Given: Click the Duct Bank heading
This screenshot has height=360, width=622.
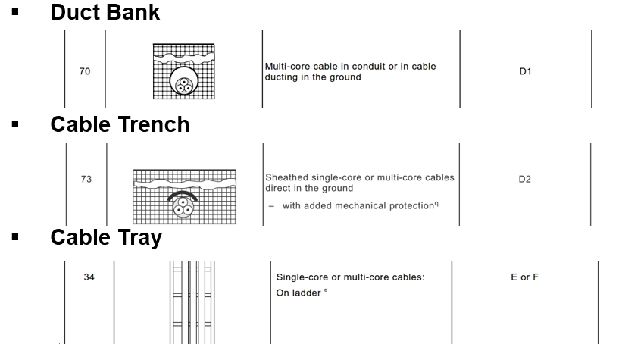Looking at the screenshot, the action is [105, 12].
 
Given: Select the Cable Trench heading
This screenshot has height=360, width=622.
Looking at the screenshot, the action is [120, 124].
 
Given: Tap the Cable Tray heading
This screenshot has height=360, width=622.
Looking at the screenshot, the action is [106, 237].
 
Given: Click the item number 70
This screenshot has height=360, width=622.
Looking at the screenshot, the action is [85, 72].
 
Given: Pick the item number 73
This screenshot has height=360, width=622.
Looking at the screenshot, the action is [86, 180].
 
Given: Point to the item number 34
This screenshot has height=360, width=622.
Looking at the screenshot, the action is [89, 277].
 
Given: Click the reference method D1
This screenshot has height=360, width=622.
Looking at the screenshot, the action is [525, 72].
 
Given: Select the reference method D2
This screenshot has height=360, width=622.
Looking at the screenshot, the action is [525, 180].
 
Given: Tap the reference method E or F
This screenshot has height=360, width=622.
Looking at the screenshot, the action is [524, 277].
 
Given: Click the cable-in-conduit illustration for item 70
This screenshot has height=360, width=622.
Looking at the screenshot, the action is [183, 71].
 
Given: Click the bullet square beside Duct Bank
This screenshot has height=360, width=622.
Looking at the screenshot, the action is [15, 13].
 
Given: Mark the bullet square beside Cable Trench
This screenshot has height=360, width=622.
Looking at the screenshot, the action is [15, 125].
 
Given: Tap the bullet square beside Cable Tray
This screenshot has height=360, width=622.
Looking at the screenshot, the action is [15, 238].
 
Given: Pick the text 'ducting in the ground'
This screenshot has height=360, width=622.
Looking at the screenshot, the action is [313, 77].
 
